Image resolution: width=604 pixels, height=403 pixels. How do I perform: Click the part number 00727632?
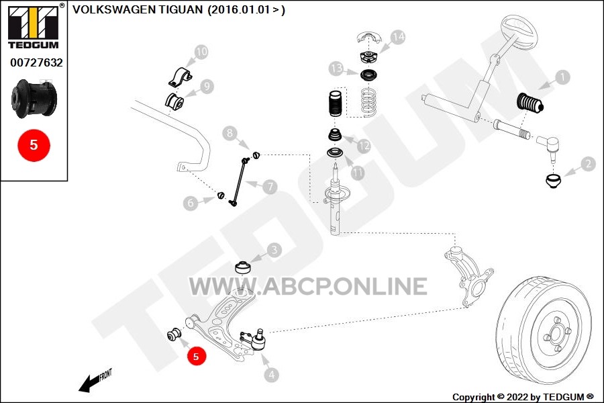pos(36,62)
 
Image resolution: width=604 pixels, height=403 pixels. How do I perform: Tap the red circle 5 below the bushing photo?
pos(34,145)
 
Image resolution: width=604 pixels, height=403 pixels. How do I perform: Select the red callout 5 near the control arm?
pos(196,357)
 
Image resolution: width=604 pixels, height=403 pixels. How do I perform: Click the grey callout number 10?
pos(201,52)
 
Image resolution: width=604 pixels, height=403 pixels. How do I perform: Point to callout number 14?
pos(398,37)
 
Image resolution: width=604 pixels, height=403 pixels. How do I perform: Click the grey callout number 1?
pos(563,77)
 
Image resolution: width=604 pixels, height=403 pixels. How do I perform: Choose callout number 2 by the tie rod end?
pos(588,164)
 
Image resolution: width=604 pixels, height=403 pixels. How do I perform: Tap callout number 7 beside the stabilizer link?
pos(270,187)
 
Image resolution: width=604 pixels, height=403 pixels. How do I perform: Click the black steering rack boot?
pos(530,103)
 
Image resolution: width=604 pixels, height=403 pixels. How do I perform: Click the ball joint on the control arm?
pos(254,339)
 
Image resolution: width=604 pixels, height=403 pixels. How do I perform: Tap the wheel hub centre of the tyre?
pos(556,334)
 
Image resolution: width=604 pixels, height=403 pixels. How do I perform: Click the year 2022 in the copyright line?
pos(517,397)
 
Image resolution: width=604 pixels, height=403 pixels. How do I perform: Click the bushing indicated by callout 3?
pos(243,267)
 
